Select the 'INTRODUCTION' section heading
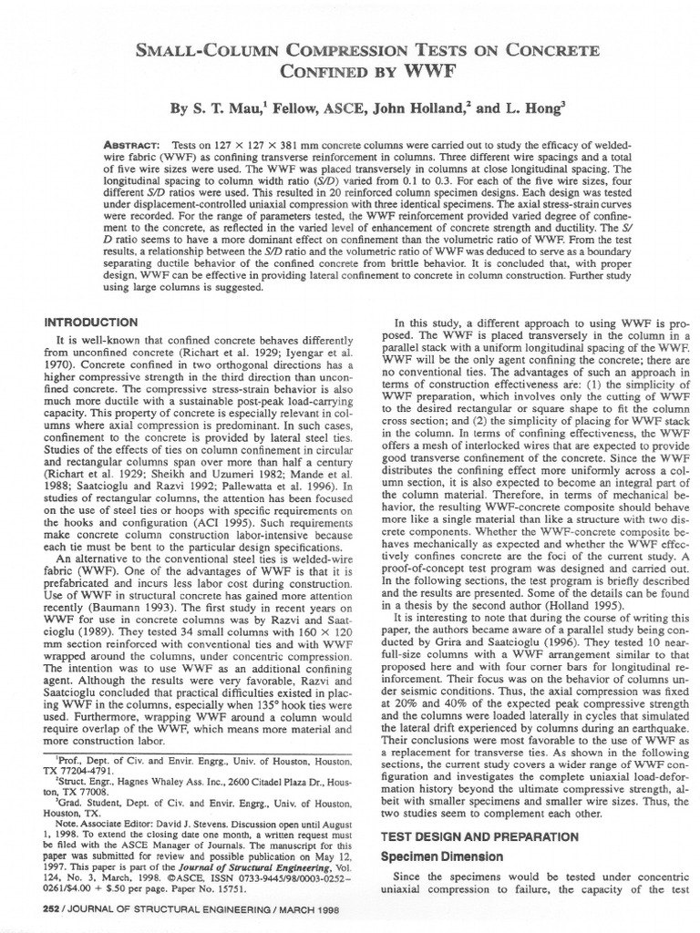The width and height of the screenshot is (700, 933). click(x=92, y=323)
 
